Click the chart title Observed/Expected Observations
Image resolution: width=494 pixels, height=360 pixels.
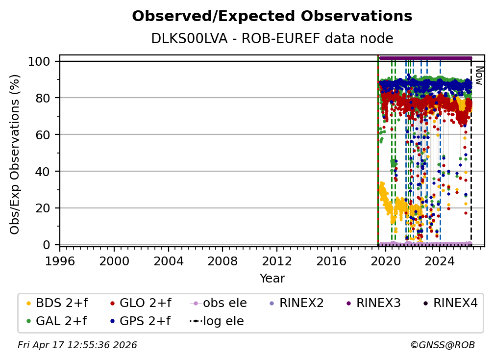point(272,16)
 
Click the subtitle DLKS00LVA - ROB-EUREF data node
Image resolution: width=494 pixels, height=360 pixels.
point(272,38)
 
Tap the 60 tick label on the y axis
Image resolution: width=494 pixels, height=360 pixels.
point(43,135)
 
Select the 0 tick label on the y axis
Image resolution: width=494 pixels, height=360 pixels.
point(47,245)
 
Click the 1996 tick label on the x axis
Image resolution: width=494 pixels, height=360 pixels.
point(60,261)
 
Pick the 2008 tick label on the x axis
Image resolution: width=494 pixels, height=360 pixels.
point(222,261)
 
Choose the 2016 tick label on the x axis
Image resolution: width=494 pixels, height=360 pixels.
point(331,261)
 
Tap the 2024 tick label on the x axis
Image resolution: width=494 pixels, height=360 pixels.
point(440,261)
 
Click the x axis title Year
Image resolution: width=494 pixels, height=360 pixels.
point(272,279)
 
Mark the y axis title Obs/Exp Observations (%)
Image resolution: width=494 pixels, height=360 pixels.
point(15,154)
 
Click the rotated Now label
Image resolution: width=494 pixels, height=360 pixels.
point(479,76)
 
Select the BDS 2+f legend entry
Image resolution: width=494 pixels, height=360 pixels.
point(57,303)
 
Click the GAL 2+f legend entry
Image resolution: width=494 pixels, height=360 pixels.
point(56,321)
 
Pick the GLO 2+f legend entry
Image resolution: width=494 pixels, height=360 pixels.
point(141,303)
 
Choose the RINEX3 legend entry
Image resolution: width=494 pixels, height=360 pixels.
point(373,303)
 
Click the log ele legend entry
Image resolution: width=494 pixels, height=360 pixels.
point(217,321)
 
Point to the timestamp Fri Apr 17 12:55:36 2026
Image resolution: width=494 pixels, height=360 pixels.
point(77,345)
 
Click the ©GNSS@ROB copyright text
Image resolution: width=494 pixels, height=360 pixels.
point(443,345)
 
